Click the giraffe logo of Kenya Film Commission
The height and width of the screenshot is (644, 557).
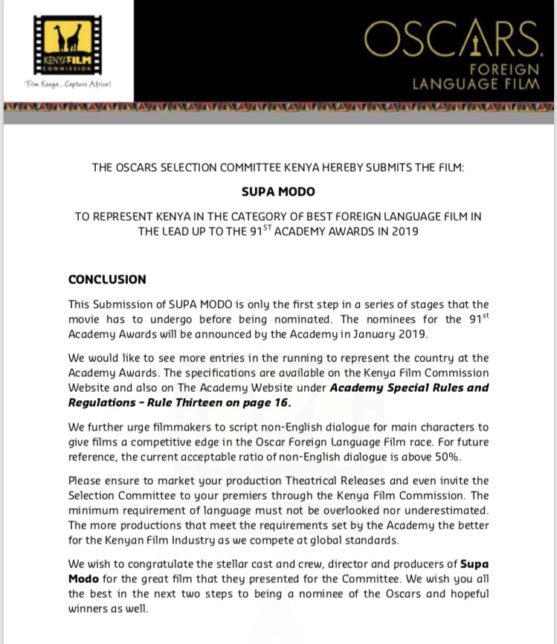[68, 39]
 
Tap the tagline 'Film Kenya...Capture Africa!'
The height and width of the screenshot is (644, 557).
[68, 84]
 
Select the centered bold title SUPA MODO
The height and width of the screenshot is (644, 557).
[278, 192]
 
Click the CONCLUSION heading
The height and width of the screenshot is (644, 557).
[107, 280]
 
